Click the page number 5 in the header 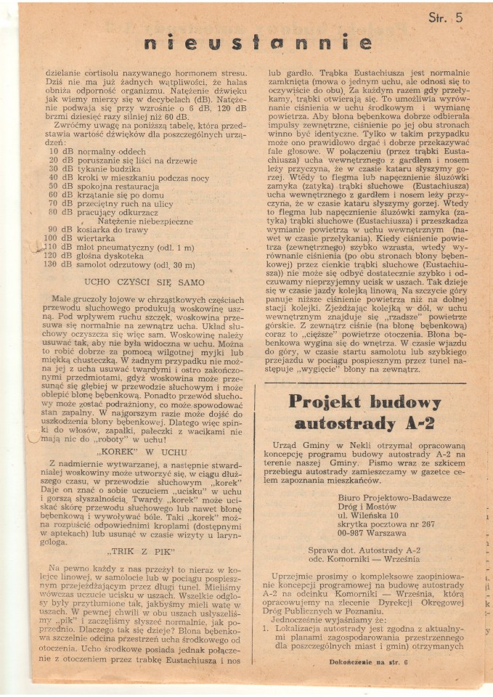point(458,17)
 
